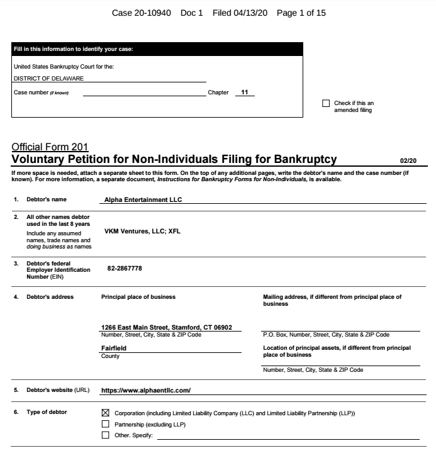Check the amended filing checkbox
[326, 104]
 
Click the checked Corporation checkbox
[105, 413]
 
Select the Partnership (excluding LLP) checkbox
[105, 424]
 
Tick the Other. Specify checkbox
[105, 435]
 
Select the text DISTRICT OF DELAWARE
[48, 79]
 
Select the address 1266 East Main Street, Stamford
[167, 327]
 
